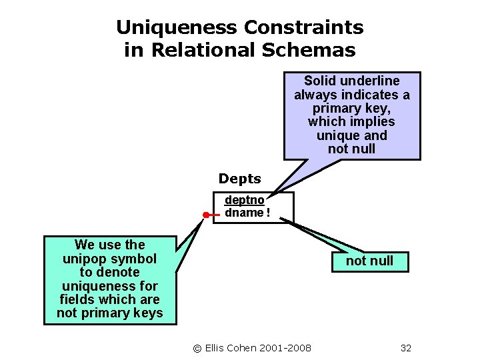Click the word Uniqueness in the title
pyautogui.click(x=177, y=27)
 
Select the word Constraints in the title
pyautogui.click(x=304, y=27)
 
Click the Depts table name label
pyautogui.click(x=240, y=179)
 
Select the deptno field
pyautogui.click(x=244, y=200)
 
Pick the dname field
pyautogui.click(x=244, y=213)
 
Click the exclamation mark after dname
pyautogui.click(x=267, y=213)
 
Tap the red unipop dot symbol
pyautogui.click(x=207, y=215)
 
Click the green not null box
pyautogui.click(x=369, y=261)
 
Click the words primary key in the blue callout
pyautogui.click(x=352, y=109)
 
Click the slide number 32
pyautogui.click(x=406, y=348)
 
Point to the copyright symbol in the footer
pyautogui.click(x=197, y=348)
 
